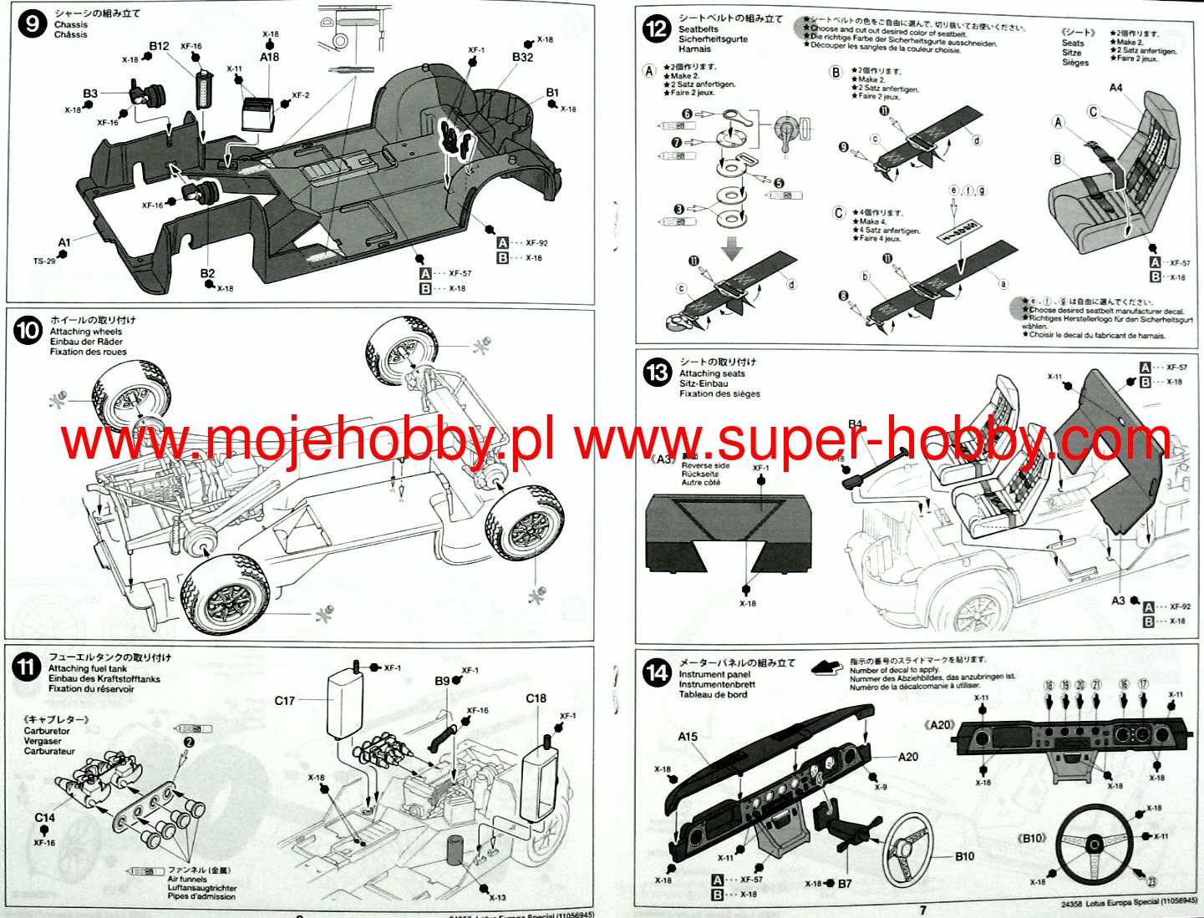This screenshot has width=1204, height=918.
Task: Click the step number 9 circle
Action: pos(32,23)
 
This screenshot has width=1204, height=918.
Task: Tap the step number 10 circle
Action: pos(27,331)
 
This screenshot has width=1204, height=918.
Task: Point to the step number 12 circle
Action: pos(656,29)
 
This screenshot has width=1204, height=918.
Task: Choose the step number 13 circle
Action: pos(658,373)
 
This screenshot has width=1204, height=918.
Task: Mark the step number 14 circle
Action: pos(658,673)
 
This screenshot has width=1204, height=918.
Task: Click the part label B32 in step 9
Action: pos(522,57)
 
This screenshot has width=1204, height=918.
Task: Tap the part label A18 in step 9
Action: pos(269,57)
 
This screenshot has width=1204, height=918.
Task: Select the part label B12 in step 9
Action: pos(159,46)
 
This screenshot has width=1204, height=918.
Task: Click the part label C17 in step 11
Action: pos(284,701)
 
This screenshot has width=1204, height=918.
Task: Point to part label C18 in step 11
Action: pos(536,698)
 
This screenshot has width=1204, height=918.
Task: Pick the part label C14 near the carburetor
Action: pos(44,818)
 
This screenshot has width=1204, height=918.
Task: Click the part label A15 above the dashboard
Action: pos(687,736)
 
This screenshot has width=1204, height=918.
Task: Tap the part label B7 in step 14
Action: pos(845,883)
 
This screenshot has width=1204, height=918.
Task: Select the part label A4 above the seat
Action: pos(1115,88)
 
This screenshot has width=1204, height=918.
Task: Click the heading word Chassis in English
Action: pos(70,24)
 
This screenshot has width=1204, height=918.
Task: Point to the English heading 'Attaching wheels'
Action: pos(85,332)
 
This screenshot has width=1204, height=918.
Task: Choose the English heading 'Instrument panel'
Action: pos(714,674)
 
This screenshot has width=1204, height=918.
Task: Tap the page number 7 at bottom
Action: pos(922,910)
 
